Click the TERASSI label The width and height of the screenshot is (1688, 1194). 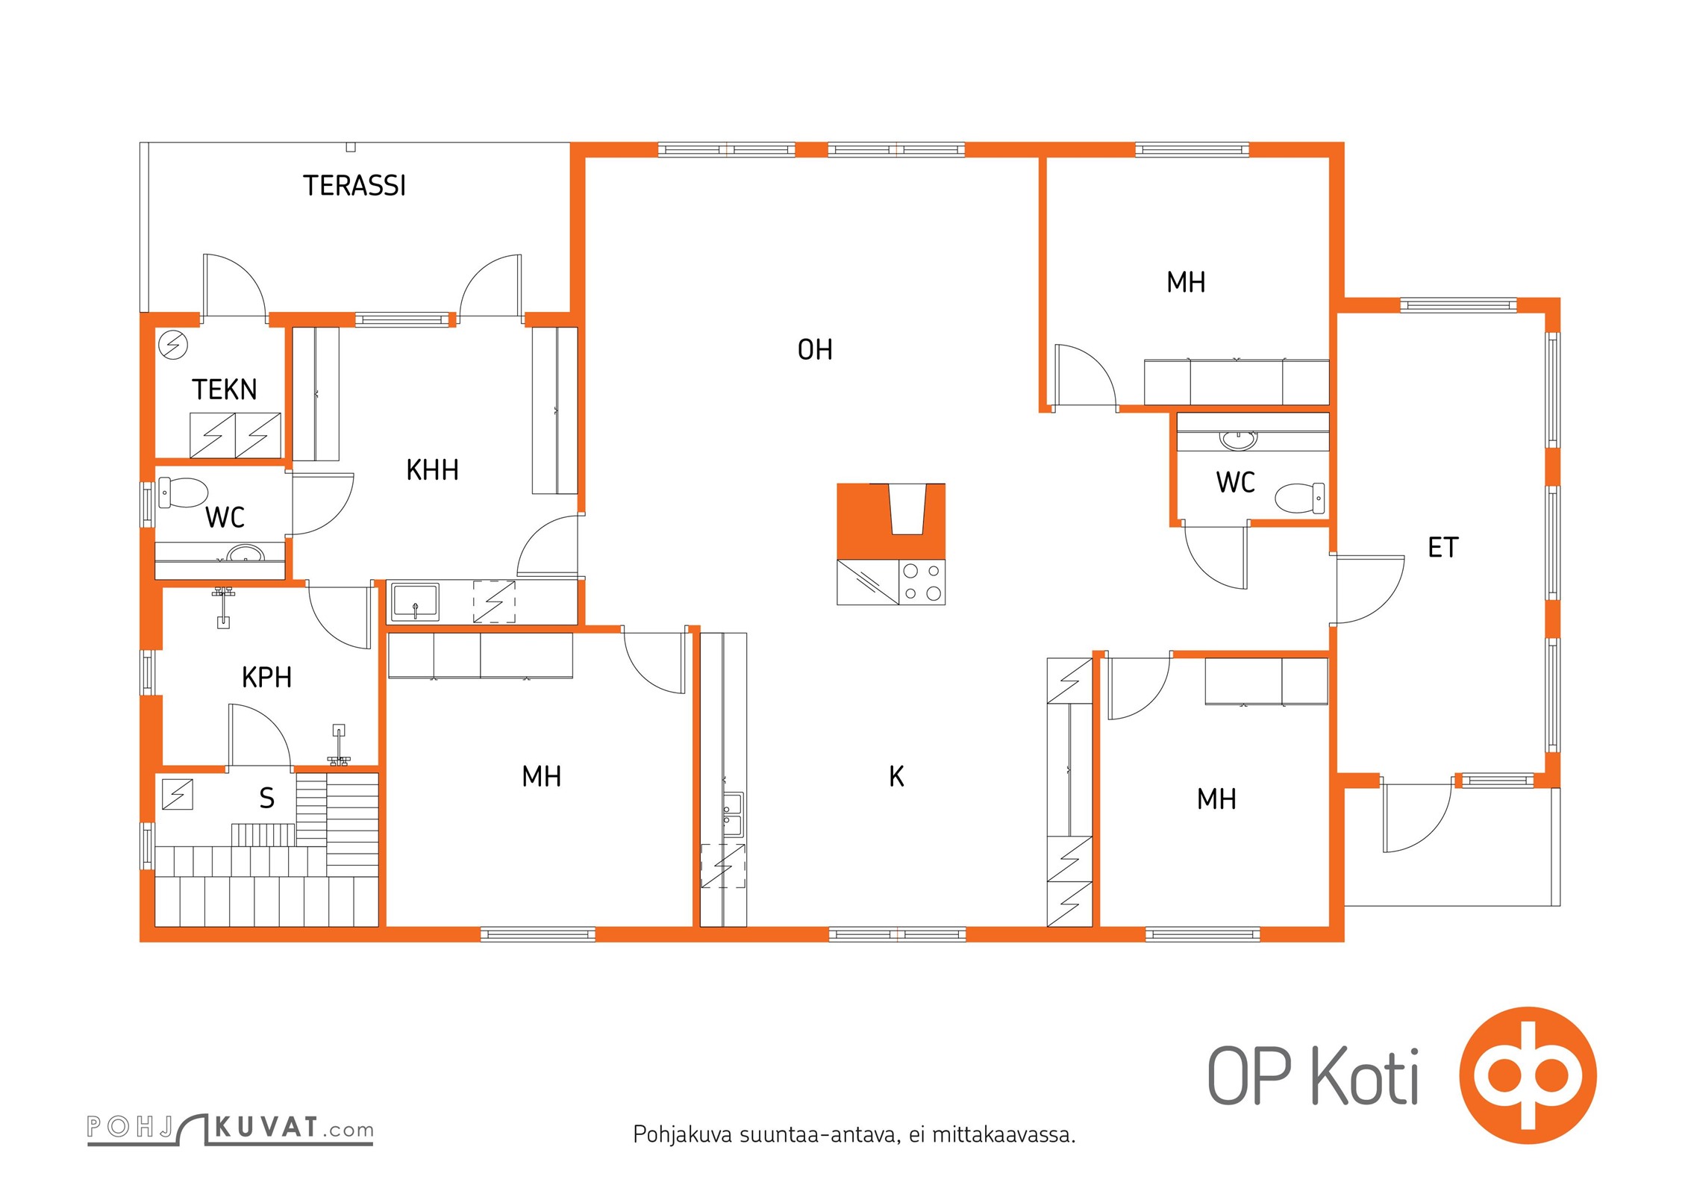point(354,186)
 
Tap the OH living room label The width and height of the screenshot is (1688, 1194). point(815,350)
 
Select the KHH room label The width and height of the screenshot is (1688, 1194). point(432,470)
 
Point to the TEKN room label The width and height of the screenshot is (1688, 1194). point(224,390)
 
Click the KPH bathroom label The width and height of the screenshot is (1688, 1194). point(266,678)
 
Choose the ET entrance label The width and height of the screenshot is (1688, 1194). point(1442,548)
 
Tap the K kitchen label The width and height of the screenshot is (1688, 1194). point(896,777)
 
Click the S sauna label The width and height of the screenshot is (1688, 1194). point(266,798)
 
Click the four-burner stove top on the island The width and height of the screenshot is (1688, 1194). point(922,582)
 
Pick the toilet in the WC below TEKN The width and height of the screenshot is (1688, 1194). point(183,493)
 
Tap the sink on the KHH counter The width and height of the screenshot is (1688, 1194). point(415,601)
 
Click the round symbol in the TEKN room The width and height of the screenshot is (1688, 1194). point(173,346)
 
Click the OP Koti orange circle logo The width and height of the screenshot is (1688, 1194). point(1528,1075)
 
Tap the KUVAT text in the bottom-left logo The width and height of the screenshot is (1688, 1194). point(266,1127)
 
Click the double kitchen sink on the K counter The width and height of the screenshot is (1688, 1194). point(732,814)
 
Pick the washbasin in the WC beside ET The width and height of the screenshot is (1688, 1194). point(1238,440)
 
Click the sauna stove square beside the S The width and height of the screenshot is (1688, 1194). point(178,794)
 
